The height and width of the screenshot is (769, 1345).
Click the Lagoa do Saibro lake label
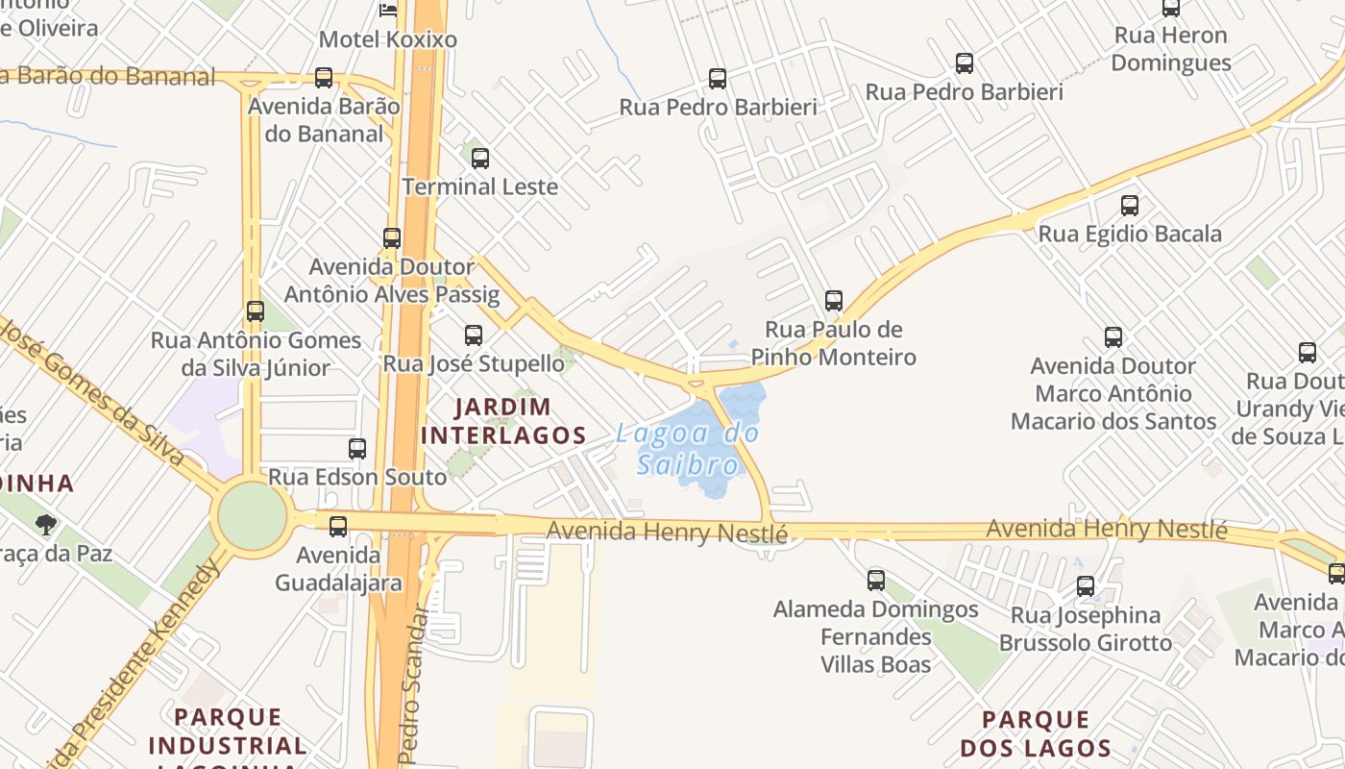point(688,449)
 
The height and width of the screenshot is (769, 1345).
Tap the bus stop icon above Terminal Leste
point(480,159)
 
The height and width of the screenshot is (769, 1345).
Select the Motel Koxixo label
point(387,39)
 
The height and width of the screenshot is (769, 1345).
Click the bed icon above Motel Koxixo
point(388,10)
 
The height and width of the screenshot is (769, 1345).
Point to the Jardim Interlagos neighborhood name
point(503,421)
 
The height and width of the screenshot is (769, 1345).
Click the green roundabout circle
point(253,517)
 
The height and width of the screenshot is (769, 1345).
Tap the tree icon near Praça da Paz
point(45,525)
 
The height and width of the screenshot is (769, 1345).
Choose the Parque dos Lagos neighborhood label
point(1036,733)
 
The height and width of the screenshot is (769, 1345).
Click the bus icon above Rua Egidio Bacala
point(1130,205)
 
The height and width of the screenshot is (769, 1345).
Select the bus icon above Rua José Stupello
point(474,335)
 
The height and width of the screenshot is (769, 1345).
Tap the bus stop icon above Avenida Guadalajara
point(338,527)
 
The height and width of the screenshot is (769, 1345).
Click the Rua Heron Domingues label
point(1170,49)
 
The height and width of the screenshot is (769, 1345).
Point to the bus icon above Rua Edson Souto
point(357,448)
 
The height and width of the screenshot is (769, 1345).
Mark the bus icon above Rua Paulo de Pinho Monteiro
point(834,301)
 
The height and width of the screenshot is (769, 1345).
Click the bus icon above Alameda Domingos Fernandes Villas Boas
point(876,580)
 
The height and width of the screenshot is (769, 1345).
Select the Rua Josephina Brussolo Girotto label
point(1086,629)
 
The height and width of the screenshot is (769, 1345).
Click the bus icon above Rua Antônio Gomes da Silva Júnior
point(255,310)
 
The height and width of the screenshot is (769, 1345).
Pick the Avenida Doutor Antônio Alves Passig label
point(392,280)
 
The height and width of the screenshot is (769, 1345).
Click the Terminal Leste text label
point(479,186)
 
